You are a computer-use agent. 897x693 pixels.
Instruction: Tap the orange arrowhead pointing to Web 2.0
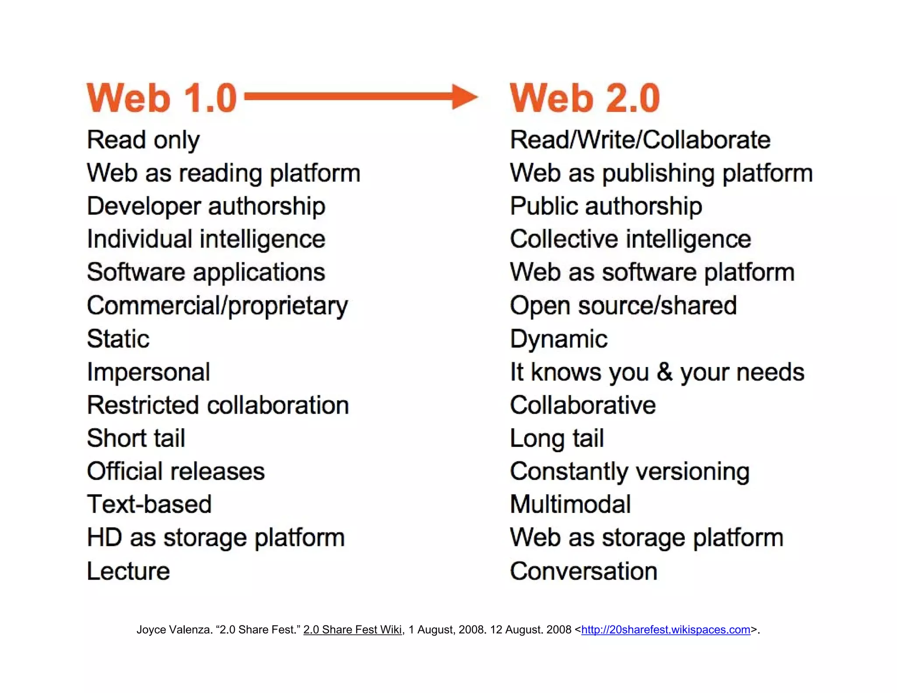click(464, 97)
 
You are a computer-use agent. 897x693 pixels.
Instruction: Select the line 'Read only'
click(143, 140)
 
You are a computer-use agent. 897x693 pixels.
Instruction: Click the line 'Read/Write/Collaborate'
click(640, 140)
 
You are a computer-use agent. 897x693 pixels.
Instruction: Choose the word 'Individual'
click(139, 239)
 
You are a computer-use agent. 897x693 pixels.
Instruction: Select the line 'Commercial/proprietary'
click(217, 306)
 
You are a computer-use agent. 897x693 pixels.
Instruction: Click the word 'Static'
click(118, 339)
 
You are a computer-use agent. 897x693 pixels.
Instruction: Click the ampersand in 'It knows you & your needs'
click(664, 372)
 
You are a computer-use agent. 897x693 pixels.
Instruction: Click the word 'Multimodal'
click(570, 504)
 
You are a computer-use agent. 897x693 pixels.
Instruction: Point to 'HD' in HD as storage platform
click(104, 537)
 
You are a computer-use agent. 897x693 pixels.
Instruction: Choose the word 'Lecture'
click(128, 571)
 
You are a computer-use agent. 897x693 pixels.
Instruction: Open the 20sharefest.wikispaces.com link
click(665, 629)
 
